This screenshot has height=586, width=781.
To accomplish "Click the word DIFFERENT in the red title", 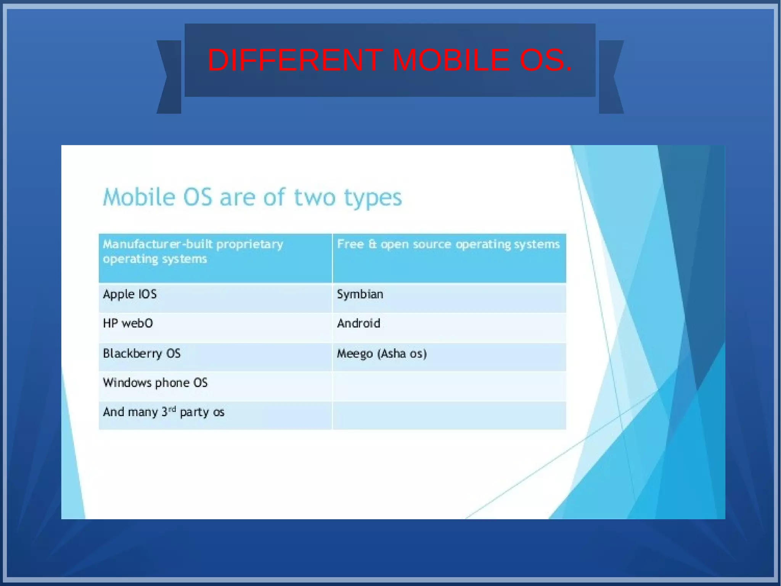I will [295, 60].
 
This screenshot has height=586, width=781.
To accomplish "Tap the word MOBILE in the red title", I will [450, 60].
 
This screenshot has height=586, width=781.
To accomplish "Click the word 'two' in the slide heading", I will [315, 197].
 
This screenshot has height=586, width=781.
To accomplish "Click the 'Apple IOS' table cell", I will [130, 294].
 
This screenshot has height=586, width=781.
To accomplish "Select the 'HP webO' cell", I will [128, 324].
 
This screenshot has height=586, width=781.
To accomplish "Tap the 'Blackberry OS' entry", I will [141, 354].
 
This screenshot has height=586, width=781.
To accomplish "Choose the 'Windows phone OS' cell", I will [155, 383].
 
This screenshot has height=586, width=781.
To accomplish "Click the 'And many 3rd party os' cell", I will [163, 412].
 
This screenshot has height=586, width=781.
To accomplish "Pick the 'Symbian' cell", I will [360, 294].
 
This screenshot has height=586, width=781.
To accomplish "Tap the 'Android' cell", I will [358, 324].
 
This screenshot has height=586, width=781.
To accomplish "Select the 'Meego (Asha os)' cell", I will [382, 354].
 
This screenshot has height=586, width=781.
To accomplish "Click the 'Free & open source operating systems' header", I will [448, 244].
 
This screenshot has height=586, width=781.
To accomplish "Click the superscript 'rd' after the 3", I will [172, 409].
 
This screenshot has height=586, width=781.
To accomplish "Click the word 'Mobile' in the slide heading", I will [139, 197].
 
